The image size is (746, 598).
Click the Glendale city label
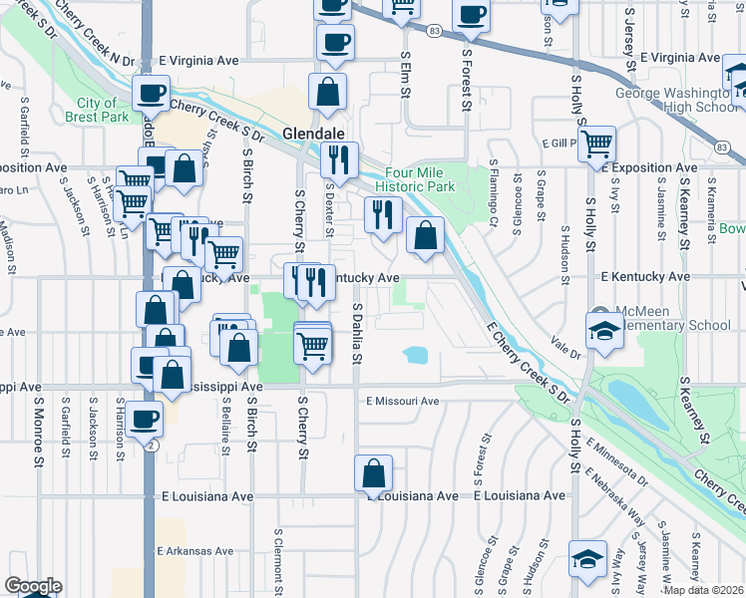pos(313,134)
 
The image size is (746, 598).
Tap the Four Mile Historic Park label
pos(415,178)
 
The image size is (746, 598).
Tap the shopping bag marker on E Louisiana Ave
pos(373,474)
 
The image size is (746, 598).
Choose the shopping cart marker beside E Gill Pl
pos(596,143)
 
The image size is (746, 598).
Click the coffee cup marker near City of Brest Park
pos(151,95)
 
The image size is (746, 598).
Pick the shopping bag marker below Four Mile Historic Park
pos(425,236)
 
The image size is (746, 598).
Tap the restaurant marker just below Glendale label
pos(339,159)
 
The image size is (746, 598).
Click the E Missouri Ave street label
pos(402,401)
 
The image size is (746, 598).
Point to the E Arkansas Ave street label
pos(194,550)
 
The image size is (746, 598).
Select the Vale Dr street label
pos(565,348)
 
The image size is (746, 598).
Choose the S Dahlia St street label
pos(356,336)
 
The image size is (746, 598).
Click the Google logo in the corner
pos(33,586)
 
